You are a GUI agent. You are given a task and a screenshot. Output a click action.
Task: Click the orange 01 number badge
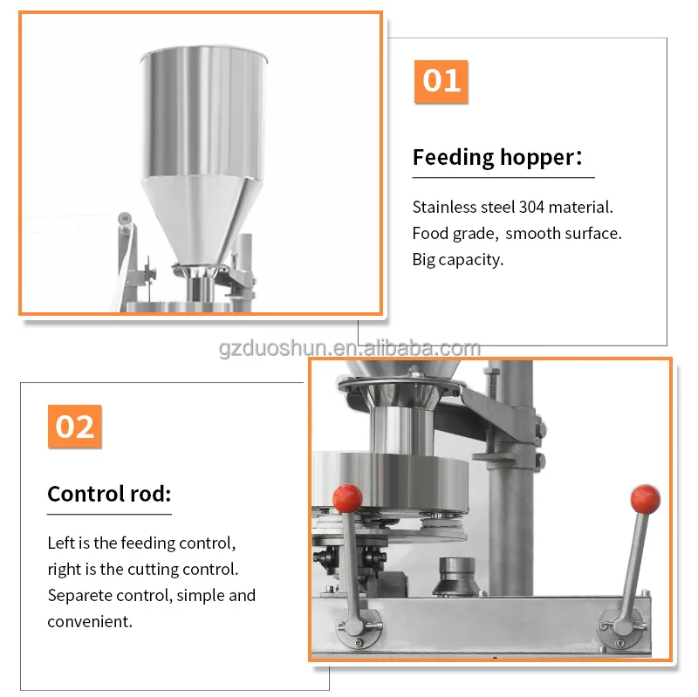point(441,81)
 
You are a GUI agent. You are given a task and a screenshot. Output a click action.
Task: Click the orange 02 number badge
point(75,426)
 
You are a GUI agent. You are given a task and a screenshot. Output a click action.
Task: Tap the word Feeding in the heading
point(453,158)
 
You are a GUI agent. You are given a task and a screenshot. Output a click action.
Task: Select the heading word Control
point(86,494)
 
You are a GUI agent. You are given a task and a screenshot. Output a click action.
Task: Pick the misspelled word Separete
point(79,596)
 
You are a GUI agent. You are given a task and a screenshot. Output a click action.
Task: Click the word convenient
point(90,622)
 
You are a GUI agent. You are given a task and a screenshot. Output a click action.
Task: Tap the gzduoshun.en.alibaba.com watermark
point(350,349)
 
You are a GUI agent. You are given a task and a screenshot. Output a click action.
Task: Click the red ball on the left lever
point(347,498)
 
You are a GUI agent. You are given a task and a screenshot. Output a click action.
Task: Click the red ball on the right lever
point(645,499)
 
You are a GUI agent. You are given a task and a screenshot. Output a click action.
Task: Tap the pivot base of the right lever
point(621,627)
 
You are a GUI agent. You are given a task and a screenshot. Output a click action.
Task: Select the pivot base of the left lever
point(358,628)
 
